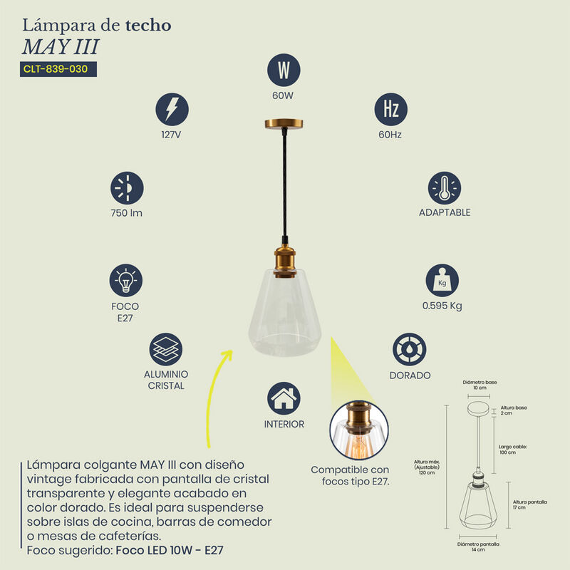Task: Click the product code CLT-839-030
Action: coord(56,69)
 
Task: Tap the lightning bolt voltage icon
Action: coord(172,110)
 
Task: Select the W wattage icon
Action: coord(284,70)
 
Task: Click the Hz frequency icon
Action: coord(390,110)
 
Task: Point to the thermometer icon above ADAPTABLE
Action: coord(444,188)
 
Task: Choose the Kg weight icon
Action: coord(442,280)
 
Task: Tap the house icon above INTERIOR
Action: coord(284,398)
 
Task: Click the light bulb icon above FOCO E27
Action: coord(126,280)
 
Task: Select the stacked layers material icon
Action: coord(166,349)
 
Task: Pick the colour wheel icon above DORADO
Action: coord(409,349)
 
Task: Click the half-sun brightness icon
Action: coord(127,188)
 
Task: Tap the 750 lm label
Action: coord(127,213)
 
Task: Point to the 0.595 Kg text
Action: coord(442,306)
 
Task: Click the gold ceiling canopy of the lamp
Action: coord(284,124)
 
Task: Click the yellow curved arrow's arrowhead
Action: coord(227,355)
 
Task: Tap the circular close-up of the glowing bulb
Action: coord(359,430)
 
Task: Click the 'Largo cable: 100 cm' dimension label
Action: coord(512,450)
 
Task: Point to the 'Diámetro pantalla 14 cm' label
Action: coord(478,546)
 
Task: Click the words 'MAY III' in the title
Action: coord(61,47)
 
